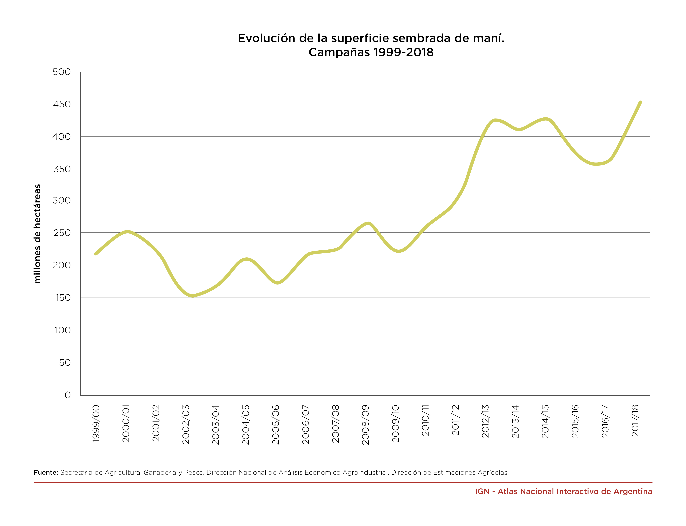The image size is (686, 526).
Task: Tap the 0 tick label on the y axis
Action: (x=68, y=395)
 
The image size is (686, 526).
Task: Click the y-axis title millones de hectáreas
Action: (x=37, y=234)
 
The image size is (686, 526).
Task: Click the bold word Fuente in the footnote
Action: (x=46, y=472)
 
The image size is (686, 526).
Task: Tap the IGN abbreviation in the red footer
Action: (x=482, y=492)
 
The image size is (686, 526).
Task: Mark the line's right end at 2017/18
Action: (x=640, y=102)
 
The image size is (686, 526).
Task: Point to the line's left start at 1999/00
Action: (x=96, y=254)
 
